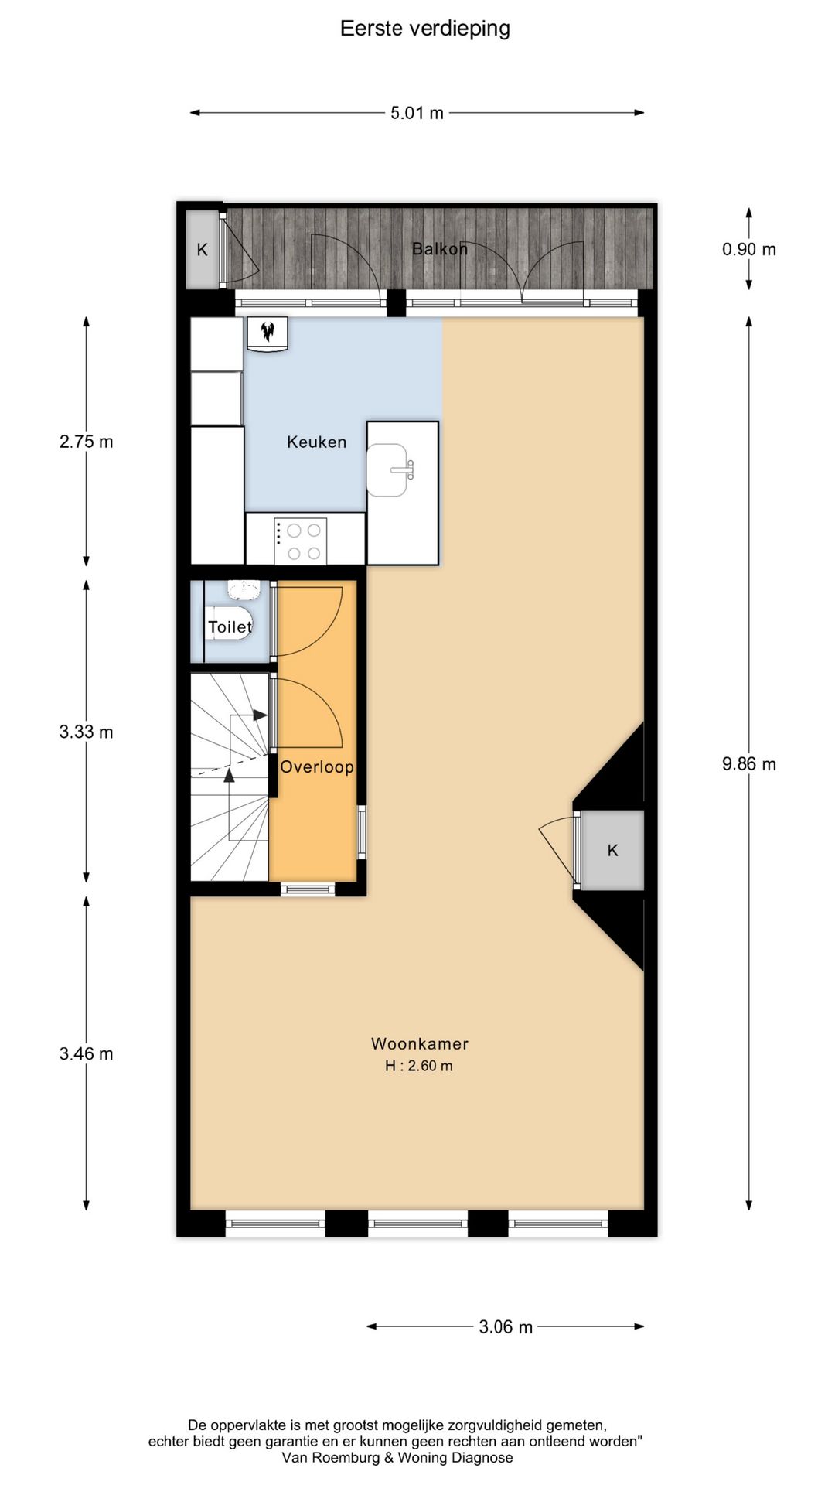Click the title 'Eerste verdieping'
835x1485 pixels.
click(x=425, y=29)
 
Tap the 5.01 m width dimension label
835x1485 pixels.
click(x=417, y=113)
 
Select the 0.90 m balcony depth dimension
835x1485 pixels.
click(x=748, y=249)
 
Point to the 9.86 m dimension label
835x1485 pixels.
click(x=748, y=764)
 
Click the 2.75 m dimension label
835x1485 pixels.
click(x=86, y=442)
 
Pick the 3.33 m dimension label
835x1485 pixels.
click(x=86, y=732)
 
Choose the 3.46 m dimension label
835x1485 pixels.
click(x=86, y=1053)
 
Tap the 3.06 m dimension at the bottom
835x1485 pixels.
click(x=506, y=1327)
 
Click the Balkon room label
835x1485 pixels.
click(x=439, y=249)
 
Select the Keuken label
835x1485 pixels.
click(x=316, y=442)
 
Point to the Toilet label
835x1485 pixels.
click(x=230, y=626)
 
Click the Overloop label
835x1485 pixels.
click(x=317, y=766)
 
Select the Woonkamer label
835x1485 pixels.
click(x=420, y=1043)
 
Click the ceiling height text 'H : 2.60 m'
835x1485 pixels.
click(x=419, y=1066)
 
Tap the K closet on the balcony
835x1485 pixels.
click(x=203, y=249)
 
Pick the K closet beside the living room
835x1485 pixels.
click(x=612, y=850)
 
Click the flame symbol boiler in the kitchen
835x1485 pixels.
click(x=268, y=333)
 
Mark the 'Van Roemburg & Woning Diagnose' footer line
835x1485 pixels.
click(x=397, y=1458)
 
